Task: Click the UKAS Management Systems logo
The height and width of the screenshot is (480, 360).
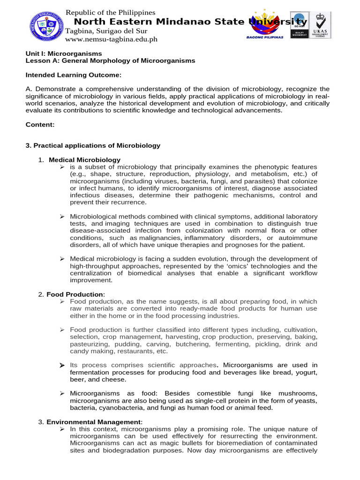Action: coord(320,25)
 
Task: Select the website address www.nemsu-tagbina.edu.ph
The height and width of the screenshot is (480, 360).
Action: coord(111,39)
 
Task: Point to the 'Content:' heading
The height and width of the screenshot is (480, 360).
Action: coord(40,125)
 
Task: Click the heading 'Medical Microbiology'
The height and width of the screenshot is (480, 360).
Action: coord(84,160)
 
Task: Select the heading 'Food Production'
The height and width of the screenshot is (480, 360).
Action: coord(75,294)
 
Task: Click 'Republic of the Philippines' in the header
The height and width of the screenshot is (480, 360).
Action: coord(110,13)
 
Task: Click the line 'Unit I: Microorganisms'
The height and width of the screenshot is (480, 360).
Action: coord(63,54)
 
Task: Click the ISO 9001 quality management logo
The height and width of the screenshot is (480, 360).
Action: coord(299,25)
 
